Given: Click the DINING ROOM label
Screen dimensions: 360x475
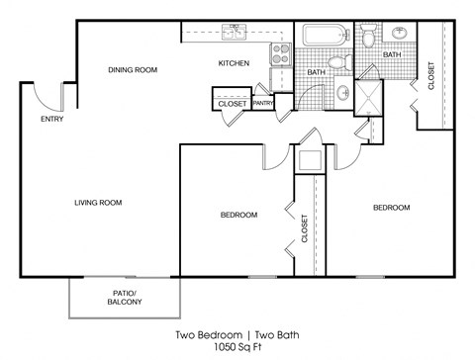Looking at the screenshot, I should (133, 69).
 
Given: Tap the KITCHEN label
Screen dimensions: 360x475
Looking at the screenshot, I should (234, 63).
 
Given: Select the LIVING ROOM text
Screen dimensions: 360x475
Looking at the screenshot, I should (97, 203).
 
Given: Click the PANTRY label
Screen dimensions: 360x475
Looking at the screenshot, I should (263, 102).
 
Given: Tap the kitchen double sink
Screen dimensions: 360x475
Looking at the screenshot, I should (234, 33).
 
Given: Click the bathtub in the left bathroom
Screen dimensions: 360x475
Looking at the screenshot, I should (323, 37).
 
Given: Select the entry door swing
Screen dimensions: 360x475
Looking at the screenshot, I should (45, 96).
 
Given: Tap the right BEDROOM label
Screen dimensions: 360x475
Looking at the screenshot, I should (391, 208).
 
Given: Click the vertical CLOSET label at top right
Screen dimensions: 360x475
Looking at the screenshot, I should (431, 77).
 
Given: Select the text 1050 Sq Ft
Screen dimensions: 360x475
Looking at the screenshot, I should (237, 347).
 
